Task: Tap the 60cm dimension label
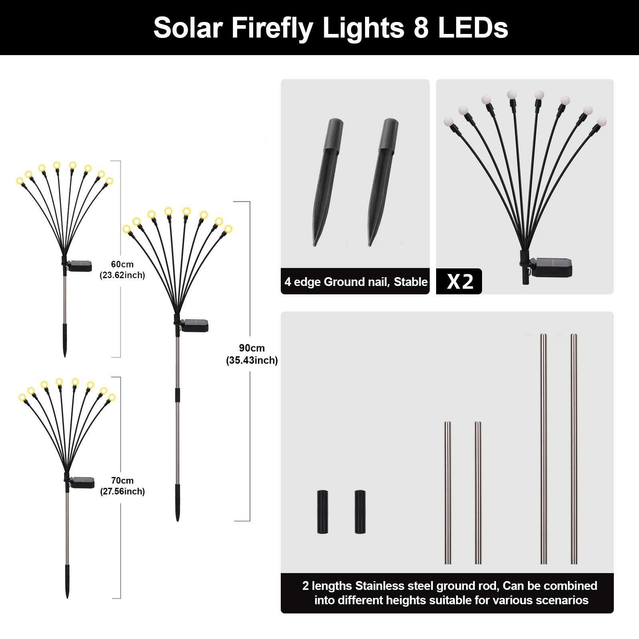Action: tap(122, 264)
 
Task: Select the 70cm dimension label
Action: tap(122, 481)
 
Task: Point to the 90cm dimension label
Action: tap(252, 348)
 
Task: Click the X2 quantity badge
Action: tap(460, 282)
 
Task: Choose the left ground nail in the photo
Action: tap(327, 182)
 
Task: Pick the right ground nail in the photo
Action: tap(383, 182)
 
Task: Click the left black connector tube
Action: tap(323, 512)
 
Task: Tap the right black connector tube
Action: tap(360, 512)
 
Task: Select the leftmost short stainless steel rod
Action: tap(448, 492)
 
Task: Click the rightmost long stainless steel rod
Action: tap(574, 448)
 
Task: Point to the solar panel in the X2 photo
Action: tap(554, 267)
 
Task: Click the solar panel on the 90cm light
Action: tap(195, 325)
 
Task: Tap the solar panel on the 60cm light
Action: tap(80, 266)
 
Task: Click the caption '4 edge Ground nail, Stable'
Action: tap(356, 282)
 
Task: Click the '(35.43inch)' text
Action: tap(252, 361)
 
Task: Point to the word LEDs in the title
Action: tap(473, 28)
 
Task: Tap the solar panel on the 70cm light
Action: tap(82, 482)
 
